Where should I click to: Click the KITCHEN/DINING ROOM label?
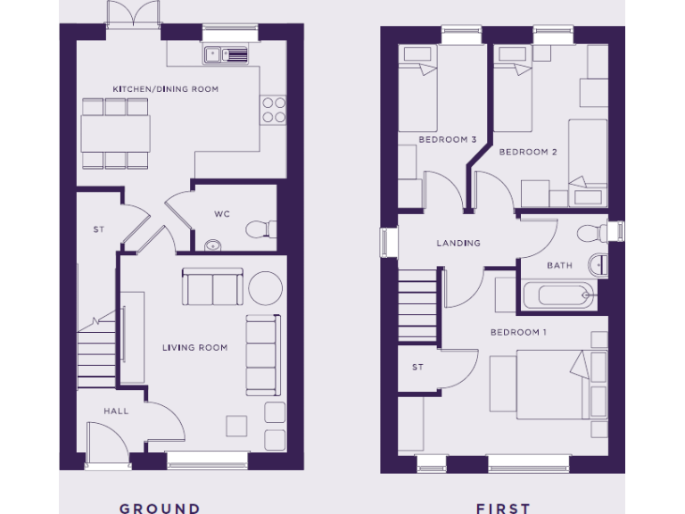[x=165, y=89]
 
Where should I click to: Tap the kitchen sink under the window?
[x=228, y=55]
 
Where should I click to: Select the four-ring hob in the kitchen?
[x=274, y=110]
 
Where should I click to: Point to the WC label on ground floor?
[x=223, y=214]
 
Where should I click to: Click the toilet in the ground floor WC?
[x=260, y=229]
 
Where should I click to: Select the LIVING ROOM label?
[x=194, y=348]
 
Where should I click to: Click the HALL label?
[x=116, y=411]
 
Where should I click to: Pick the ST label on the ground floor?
[x=98, y=229]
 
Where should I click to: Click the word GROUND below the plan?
[x=160, y=508]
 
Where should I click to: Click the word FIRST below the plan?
[x=503, y=508]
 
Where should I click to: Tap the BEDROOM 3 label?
[x=448, y=139]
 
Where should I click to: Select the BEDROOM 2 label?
[x=528, y=152]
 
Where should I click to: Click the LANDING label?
[x=458, y=243]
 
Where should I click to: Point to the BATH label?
[x=560, y=265]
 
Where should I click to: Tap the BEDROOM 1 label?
[x=518, y=332]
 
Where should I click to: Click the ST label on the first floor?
[x=417, y=367]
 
